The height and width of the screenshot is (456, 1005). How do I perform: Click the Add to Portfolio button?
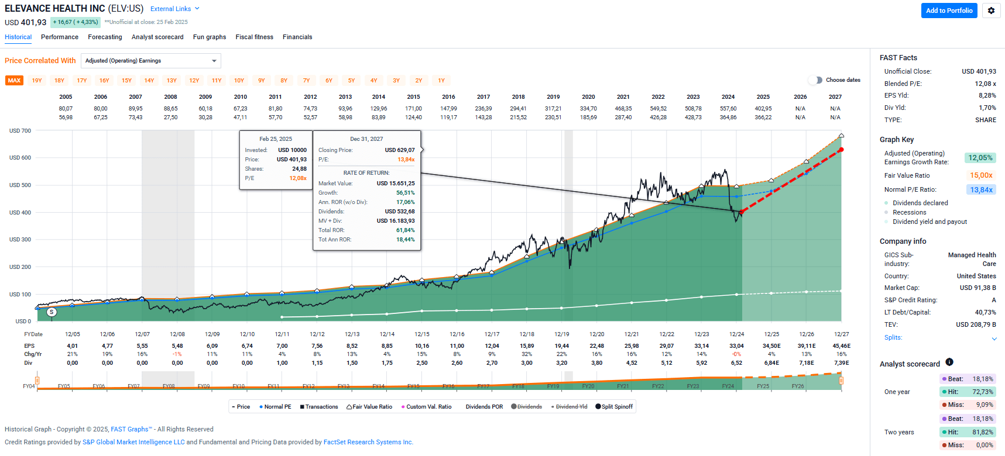(x=949, y=11)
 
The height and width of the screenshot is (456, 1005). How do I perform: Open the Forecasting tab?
(x=105, y=37)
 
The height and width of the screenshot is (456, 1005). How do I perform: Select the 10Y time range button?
(x=239, y=81)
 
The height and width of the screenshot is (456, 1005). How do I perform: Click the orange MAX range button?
(x=14, y=81)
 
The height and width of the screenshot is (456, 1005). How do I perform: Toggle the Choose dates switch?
(x=815, y=80)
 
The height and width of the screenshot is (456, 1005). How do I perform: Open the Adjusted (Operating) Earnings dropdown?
(x=150, y=61)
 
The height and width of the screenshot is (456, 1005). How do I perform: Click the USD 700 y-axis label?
(x=20, y=131)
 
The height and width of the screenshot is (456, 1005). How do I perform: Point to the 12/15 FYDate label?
(x=422, y=334)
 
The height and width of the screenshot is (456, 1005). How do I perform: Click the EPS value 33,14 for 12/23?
(x=701, y=346)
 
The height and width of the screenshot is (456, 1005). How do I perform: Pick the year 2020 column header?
(x=588, y=97)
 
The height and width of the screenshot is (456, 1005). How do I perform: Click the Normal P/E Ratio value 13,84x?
(x=981, y=190)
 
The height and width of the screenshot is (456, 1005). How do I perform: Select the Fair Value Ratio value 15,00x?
(x=981, y=175)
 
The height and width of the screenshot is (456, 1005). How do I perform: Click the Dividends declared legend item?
(x=920, y=203)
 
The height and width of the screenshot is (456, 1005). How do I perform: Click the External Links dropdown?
(x=174, y=9)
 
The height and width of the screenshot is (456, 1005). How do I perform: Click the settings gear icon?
(x=991, y=11)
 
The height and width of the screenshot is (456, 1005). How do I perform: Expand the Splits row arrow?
(x=994, y=338)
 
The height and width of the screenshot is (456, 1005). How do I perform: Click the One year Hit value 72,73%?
(x=982, y=392)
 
